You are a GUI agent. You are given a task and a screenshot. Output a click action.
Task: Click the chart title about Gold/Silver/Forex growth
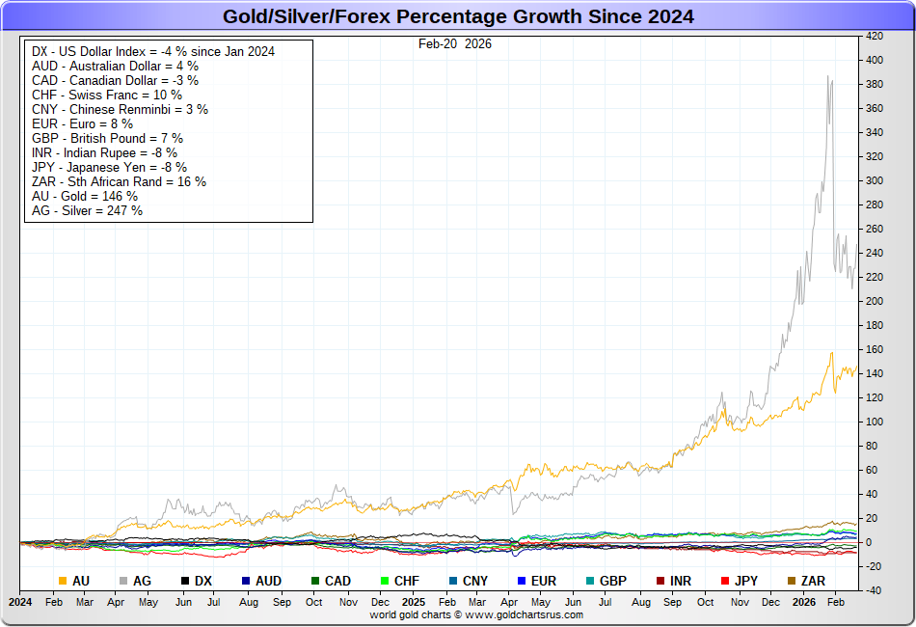(x=458, y=16)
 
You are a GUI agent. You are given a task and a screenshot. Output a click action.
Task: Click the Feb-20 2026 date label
(x=455, y=43)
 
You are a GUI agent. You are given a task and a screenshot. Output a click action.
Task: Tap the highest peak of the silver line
(x=828, y=76)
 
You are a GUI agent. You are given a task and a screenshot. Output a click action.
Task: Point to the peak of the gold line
(x=831, y=353)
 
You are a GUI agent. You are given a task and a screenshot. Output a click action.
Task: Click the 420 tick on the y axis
(x=875, y=36)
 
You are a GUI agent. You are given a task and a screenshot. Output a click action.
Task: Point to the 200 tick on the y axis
(x=875, y=301)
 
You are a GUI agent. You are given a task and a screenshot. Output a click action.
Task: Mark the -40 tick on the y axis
(x=875, y=590)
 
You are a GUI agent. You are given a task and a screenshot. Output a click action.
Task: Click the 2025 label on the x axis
(x=414, y=601)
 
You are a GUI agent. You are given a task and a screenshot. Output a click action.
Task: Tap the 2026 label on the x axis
(x=803, y=601)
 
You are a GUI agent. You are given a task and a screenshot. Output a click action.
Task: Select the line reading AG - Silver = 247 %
(x=87, y=210)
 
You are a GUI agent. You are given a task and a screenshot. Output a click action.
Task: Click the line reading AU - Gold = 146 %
(x=85, y=196)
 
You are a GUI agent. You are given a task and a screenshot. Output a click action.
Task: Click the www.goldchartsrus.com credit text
(x=476, y=614)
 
